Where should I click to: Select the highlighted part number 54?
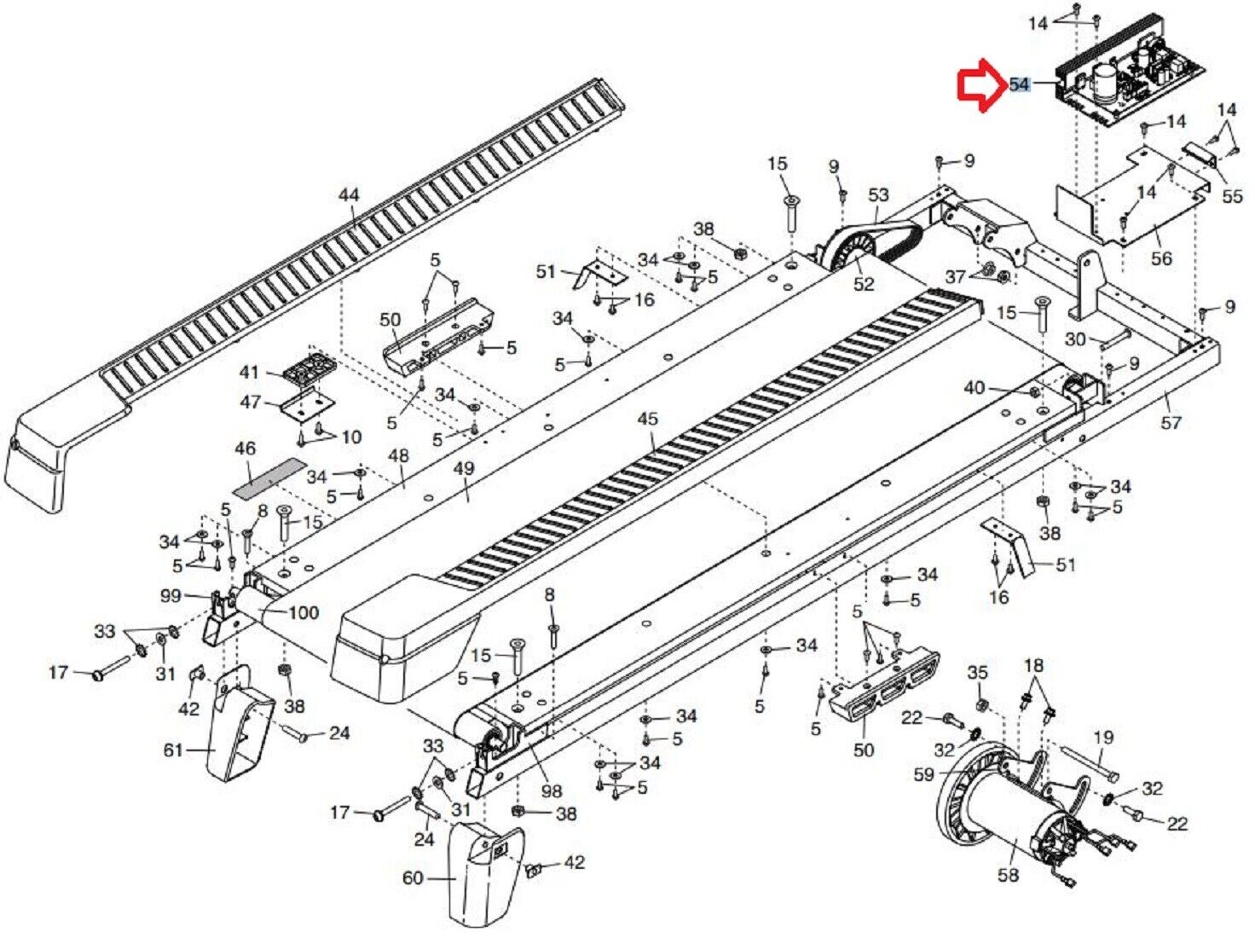[x=1019, y=84]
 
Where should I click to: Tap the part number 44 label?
[x=349, y=195]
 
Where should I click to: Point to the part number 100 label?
[x=304, y=613]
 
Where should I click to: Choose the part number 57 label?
[x=1171, y=422]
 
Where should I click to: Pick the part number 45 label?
[x=648, y=419]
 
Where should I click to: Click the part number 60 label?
[x=413, y=877]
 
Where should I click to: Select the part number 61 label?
[x=173, y=750]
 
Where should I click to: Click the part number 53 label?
[x=878, y=195]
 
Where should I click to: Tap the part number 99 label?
[x=171, y=595]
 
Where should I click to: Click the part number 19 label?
[x=1103, y=738]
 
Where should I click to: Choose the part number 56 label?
[x=1161, y=258]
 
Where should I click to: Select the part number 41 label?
[x=249, y=373]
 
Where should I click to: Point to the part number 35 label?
[x=977, y=673]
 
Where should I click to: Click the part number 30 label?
[x=1075, y=339]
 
